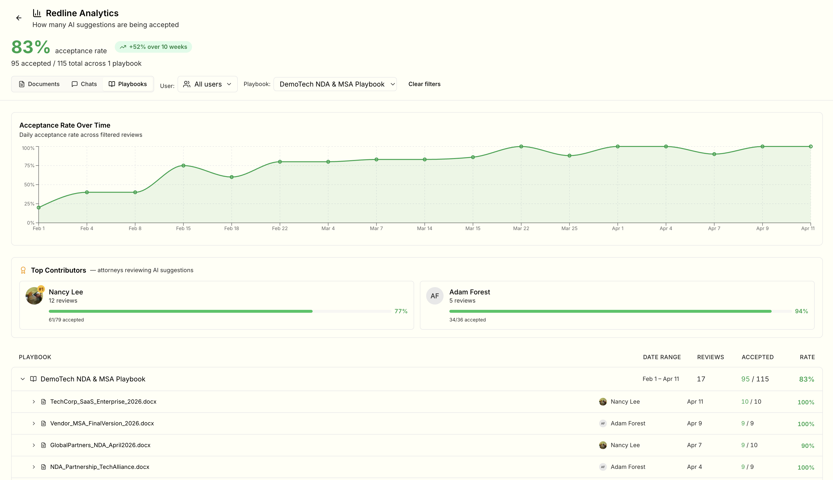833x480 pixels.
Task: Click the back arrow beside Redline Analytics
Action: [19, 18]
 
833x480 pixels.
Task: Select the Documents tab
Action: [39, 84]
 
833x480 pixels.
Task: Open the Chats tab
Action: [84, 84]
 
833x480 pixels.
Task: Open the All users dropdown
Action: [207, 84]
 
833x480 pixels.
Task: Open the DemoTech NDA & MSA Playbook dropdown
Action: [335, 84]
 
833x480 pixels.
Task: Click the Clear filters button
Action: [424, 84]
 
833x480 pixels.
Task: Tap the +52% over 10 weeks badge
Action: [153, 47]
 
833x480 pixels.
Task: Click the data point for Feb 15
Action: [184, 166]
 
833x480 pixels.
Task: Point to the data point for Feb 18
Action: [232, 177]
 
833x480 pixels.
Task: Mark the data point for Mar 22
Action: [521, 146]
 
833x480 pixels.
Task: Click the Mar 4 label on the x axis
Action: [328, 228]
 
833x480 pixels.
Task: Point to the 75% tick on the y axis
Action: [29, 166]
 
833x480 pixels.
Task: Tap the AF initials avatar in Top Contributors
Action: [434, 296]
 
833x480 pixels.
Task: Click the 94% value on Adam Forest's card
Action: [801, 311]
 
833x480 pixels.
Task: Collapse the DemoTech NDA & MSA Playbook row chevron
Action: [23, 379]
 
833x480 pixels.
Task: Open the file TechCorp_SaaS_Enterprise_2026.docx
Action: [103, 401]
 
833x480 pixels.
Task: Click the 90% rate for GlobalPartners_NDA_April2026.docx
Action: [807, 446]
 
